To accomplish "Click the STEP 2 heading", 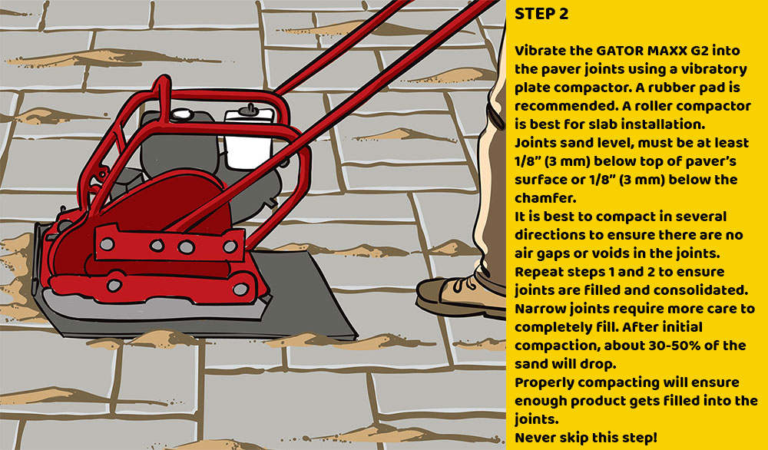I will [x=541, y=15].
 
